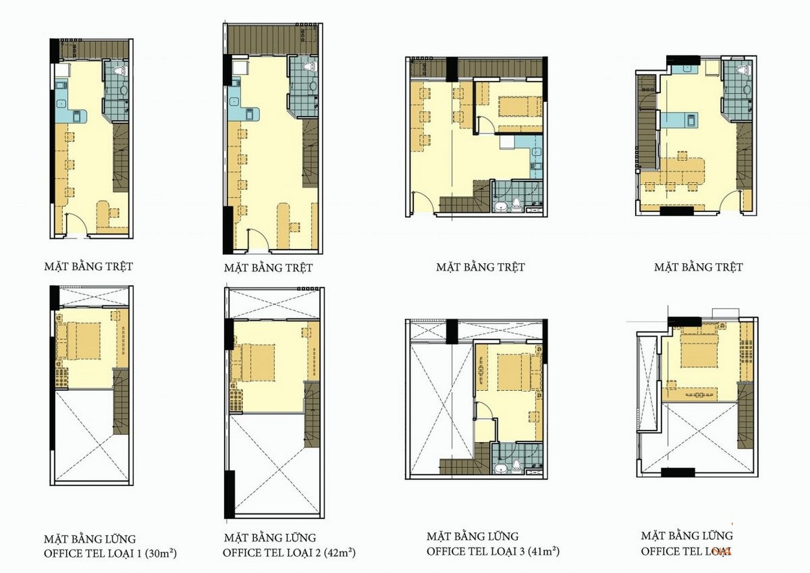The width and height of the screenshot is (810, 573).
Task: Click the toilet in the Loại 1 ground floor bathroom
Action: click(x=119, y=69)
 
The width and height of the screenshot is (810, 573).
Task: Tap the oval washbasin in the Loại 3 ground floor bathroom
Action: click(x=500, y=207)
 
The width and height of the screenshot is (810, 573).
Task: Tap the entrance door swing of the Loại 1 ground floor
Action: click(x=76, y=226)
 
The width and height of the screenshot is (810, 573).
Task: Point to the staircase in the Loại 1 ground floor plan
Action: click(x=121, y=158)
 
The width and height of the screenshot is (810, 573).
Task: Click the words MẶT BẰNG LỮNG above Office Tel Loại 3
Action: click(x=472, y=537)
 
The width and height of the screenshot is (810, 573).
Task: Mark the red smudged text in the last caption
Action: click(x=721, y=551)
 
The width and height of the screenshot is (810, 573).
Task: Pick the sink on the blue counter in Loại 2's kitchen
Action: click(x=233, y=101)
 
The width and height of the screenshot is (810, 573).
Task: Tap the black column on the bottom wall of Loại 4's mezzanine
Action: click(x=678, y=471)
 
